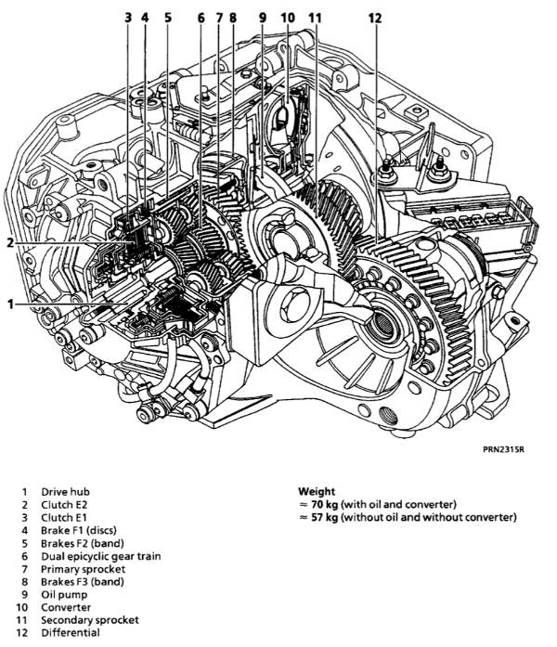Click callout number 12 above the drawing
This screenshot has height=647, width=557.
coord(375,19)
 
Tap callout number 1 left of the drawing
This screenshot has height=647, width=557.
coord(11,304)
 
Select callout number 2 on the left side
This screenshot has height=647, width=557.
coord(10,242)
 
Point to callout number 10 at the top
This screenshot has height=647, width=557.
coord(288,19)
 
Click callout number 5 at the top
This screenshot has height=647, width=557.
coord(167,19)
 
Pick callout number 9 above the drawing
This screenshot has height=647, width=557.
coord(263,19)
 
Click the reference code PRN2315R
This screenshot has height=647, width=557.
coord(503,449)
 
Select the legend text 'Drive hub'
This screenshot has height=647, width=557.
coord(65,492)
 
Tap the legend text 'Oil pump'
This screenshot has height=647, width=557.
coord(64,595)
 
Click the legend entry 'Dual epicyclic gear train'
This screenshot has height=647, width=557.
coord(100,556)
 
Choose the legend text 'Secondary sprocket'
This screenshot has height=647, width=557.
coord(89,620)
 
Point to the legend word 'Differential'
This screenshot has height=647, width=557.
coord(71,633)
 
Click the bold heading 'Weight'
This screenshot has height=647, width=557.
coord(317,491)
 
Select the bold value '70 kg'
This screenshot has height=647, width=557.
coord(325,504)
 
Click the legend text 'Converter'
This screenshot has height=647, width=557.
coord(66,607)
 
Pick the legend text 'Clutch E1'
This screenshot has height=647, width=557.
coord(64,517)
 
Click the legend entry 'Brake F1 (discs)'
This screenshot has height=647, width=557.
coord(78,530)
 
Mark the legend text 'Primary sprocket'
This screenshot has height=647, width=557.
coord(83,569)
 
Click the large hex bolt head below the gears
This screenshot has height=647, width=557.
coord(294,304)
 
